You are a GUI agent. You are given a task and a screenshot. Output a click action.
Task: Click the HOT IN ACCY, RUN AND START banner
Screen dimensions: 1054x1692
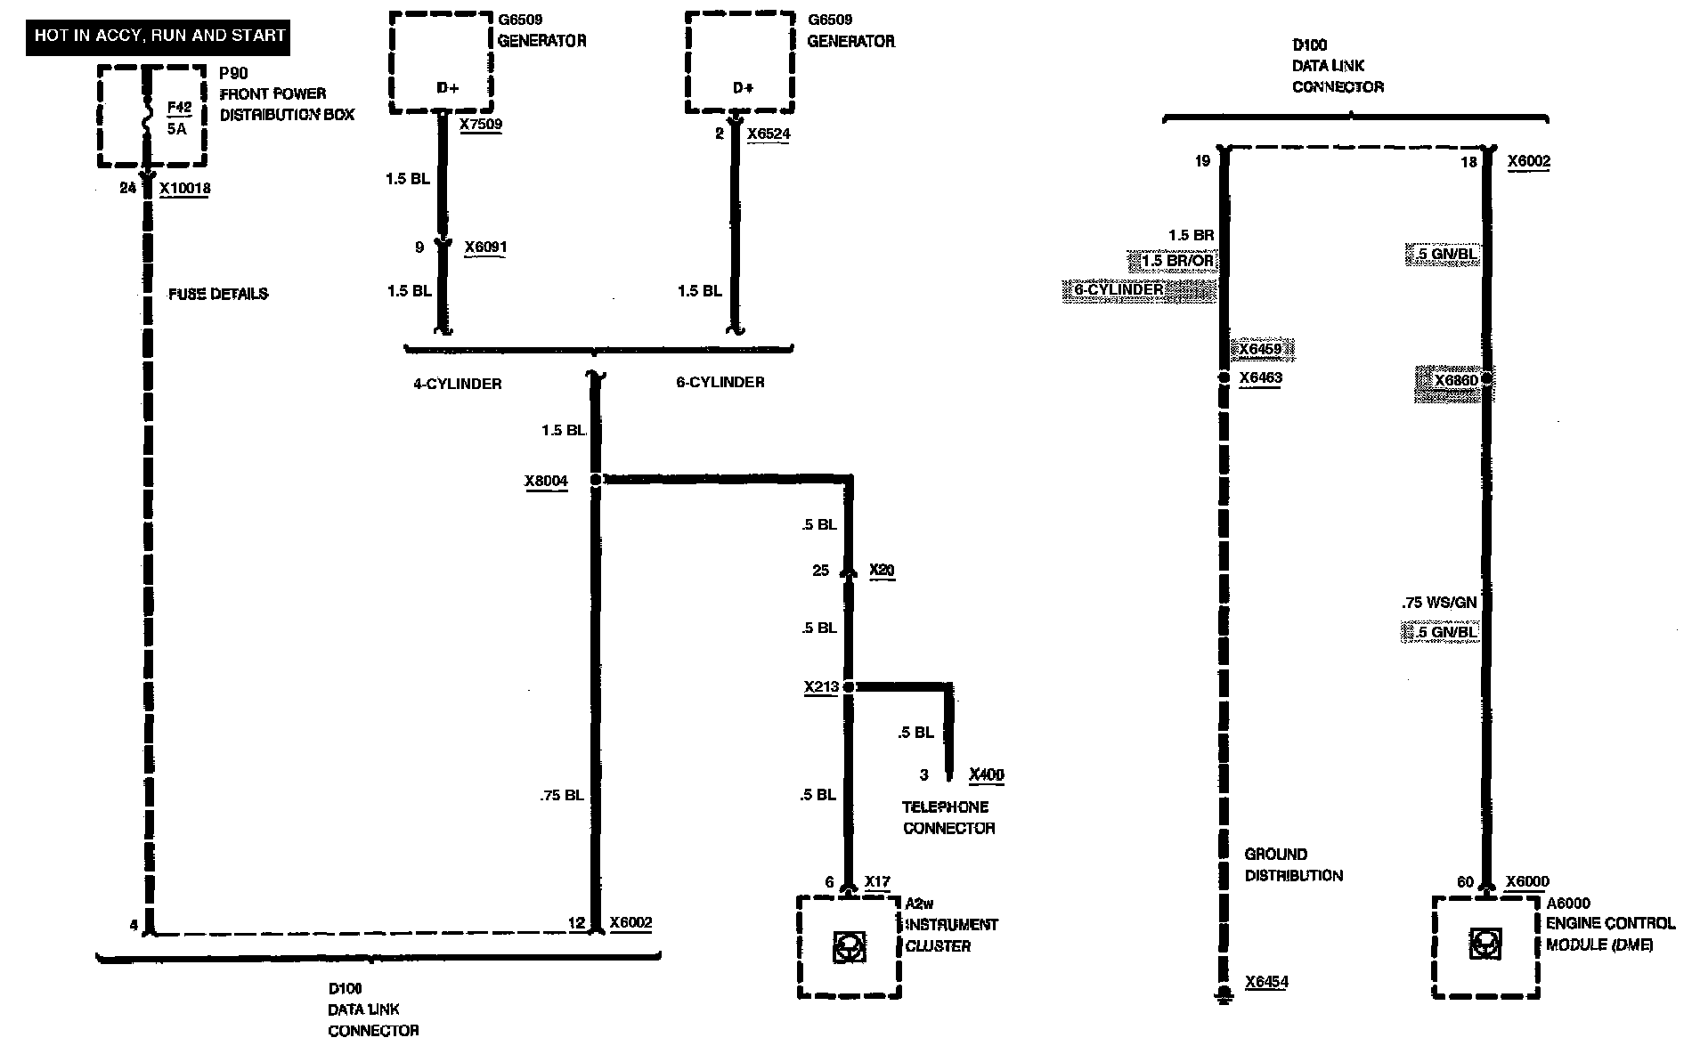[x=159, y=36]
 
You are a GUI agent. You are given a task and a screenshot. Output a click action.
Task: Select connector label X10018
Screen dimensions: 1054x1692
[x=185, y=189]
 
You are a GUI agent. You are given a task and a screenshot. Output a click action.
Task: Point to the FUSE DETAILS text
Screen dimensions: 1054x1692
[x=218, y=294]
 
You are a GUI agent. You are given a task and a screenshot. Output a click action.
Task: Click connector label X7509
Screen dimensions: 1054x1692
[x=481, y=125]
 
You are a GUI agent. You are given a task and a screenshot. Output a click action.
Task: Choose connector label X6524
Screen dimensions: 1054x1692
[x=769, y=134]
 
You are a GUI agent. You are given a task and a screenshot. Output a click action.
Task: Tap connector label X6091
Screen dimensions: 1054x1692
[x=485, y=247]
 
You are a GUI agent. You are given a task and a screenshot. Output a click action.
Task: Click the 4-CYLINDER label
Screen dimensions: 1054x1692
[x=458, y=384]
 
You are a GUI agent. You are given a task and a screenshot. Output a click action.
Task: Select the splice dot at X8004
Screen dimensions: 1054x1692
[x=596, y=480]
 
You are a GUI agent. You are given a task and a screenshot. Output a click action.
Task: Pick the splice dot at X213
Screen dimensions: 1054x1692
[x=849, y=687]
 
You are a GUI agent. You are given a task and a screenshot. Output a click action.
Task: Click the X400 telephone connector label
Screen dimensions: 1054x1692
[x=986, y=774]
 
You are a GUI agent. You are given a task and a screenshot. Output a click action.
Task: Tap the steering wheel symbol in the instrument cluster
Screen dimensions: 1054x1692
[x=848, y=947]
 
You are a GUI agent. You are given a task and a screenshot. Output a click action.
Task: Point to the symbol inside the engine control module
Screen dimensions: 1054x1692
[x=1485, y=945]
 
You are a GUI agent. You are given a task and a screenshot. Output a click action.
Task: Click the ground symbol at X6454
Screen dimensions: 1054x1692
[x=1224, y=993]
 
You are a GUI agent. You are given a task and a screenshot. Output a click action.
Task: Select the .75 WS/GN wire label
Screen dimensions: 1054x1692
[x=1439, y=603]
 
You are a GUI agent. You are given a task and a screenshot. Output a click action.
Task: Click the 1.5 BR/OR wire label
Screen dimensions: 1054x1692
[x=1177, y=262]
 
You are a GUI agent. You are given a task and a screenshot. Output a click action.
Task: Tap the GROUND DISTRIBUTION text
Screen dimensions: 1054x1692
[x=1293, y=864]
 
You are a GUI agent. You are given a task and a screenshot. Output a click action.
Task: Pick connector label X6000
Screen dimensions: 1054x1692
[x=1527, y=882]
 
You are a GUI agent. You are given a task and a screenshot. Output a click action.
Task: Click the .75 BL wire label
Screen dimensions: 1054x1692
[x=561, y=795]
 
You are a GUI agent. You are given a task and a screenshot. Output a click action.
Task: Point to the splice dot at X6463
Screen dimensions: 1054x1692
[x=1224, y=378]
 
